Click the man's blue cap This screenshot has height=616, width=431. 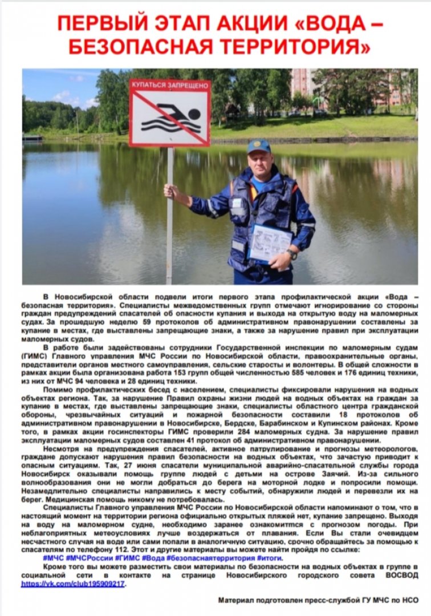point(259,146)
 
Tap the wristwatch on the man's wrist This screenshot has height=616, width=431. point(292,253)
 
